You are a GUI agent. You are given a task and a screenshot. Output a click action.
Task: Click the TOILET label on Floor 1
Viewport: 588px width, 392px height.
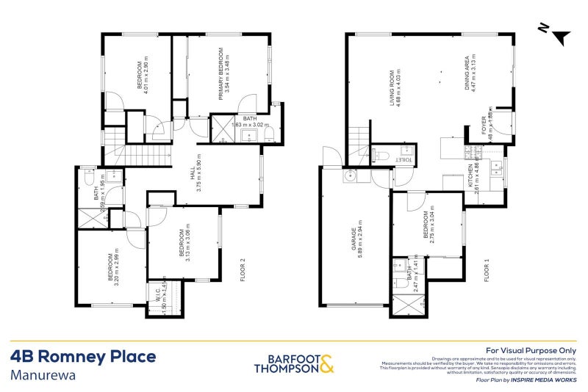click(x=405, y=158)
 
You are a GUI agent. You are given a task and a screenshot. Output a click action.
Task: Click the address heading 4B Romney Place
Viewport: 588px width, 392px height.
click(x=83, y=357)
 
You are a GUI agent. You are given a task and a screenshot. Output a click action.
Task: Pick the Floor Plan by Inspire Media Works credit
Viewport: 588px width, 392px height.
click(x=526, y=381)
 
